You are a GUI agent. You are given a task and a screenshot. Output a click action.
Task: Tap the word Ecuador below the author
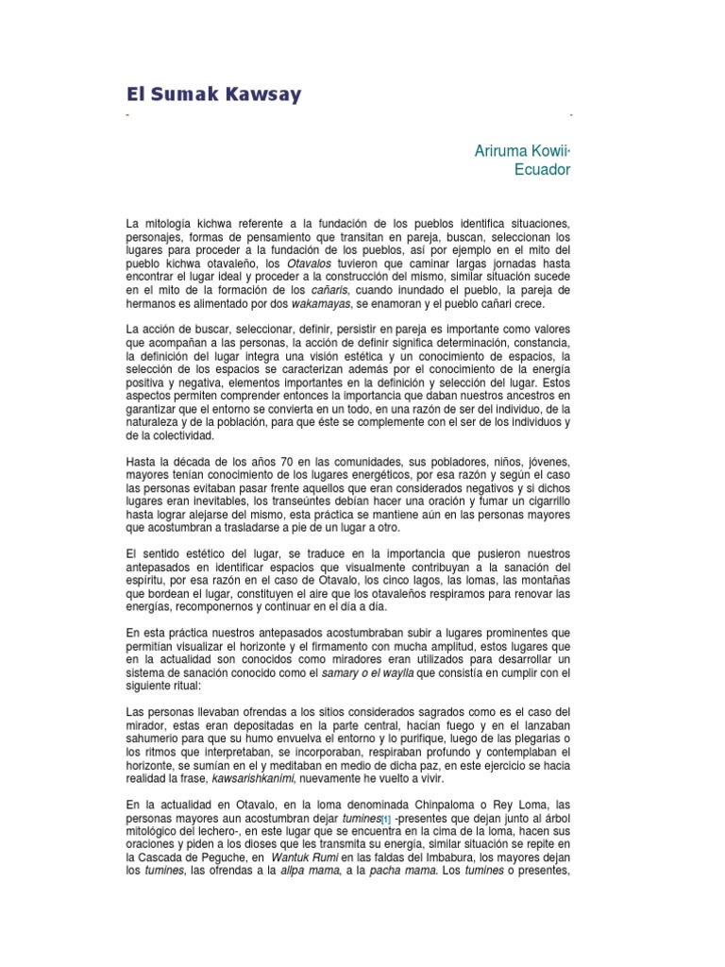point(541,170)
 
